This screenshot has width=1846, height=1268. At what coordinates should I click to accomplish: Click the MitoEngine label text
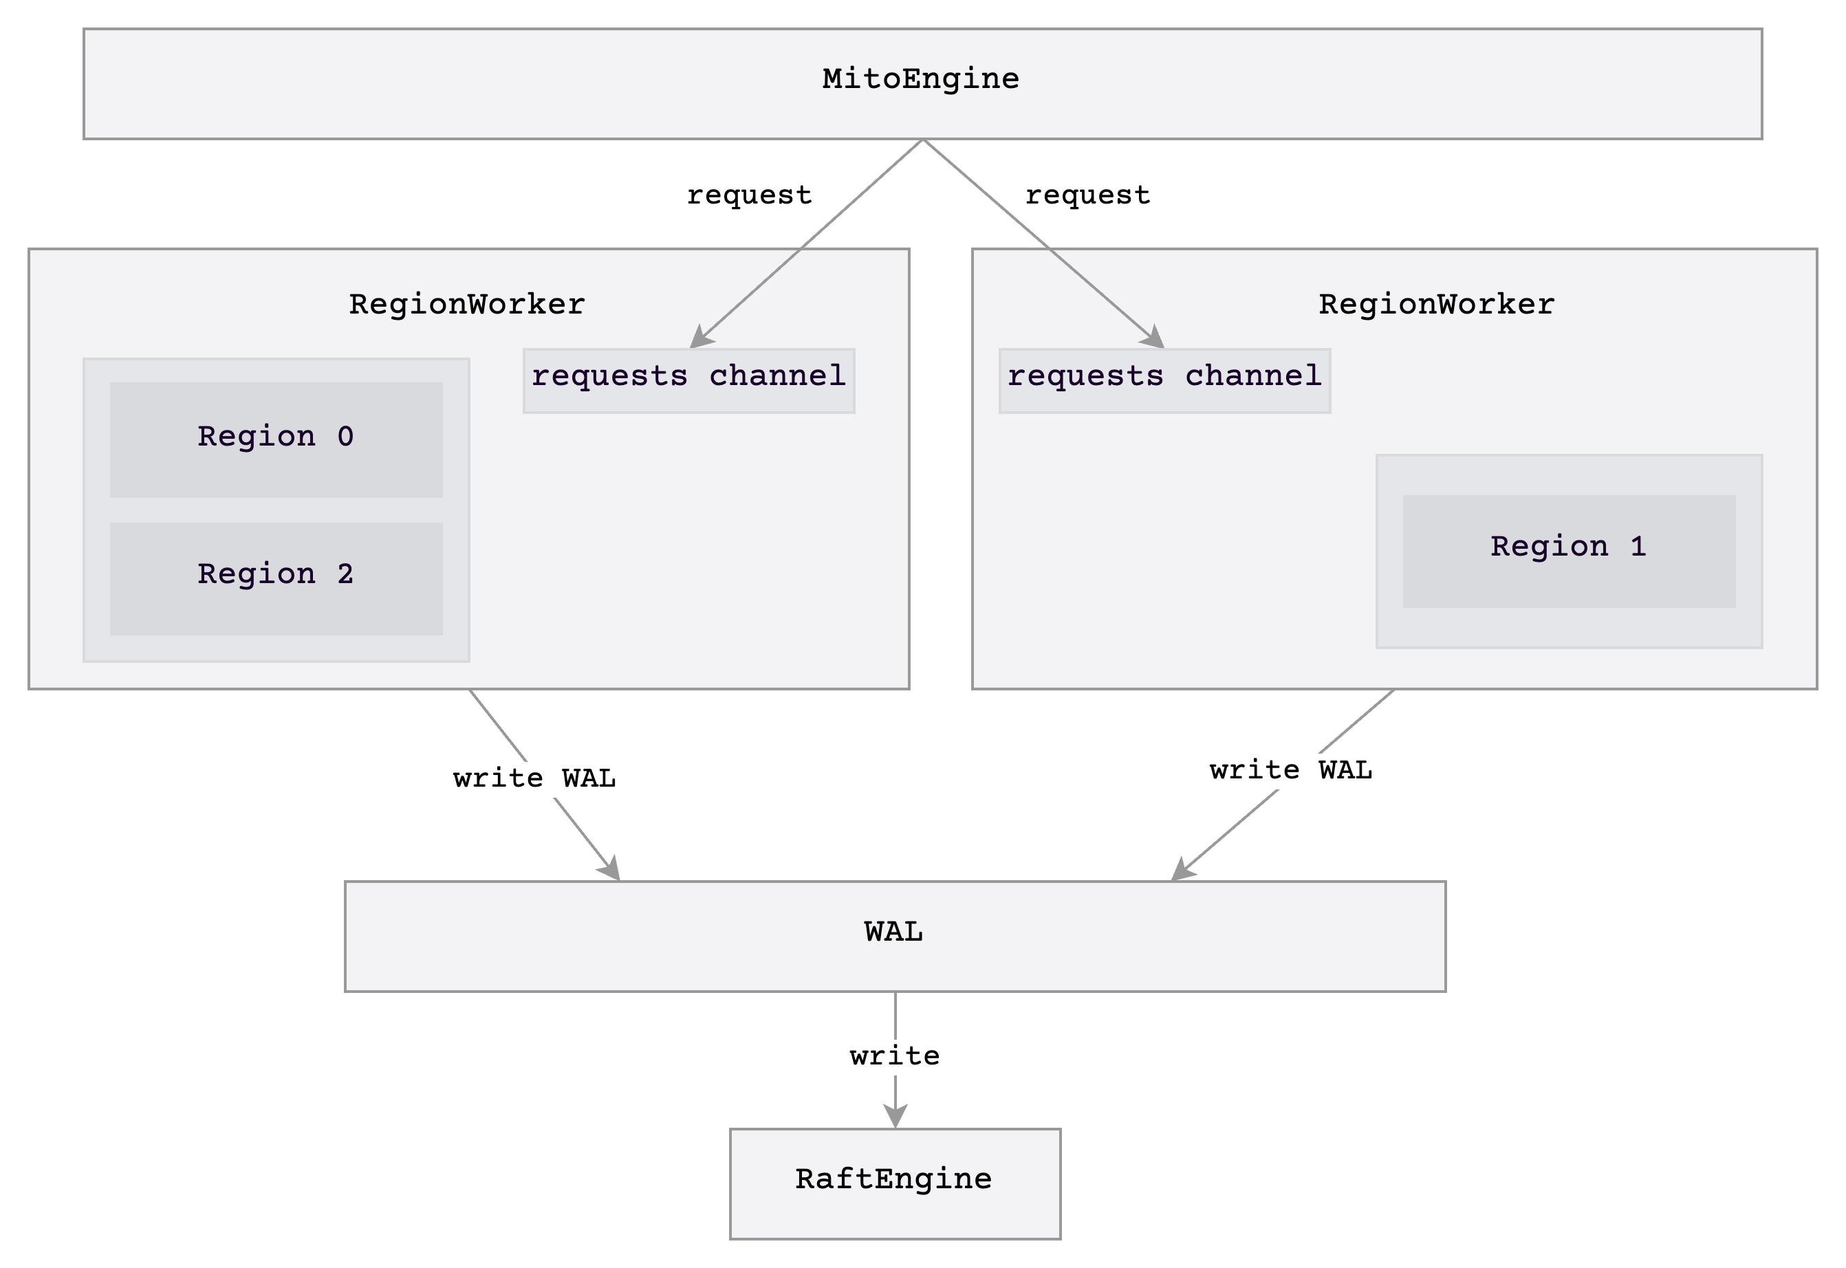(920, 78)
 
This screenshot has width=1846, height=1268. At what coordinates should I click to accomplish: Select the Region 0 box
(276, 439)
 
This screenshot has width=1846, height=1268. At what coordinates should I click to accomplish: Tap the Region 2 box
(276, 578)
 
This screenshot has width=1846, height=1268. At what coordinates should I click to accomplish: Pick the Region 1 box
(1568, 551)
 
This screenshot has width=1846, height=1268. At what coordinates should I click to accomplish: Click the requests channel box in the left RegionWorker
(688, 380)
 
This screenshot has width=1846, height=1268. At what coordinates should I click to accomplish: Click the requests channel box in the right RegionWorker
(1164, 380)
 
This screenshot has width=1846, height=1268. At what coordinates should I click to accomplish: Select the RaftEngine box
(895, 1183)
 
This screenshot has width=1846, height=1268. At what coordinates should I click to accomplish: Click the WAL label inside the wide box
(893, 931)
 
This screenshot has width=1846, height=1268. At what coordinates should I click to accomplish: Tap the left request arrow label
(748, 195)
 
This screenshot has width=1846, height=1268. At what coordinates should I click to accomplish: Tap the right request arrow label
(1087, 195)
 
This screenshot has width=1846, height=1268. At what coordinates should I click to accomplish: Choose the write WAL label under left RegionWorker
(534, 778)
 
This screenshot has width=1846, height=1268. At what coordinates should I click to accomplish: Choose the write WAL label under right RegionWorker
(1290, 770)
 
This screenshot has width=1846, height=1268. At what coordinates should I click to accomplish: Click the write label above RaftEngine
(895, 1056)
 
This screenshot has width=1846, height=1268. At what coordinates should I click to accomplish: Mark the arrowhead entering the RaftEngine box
(895, 1116)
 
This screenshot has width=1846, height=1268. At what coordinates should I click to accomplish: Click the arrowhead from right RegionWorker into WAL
(1181, 870)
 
